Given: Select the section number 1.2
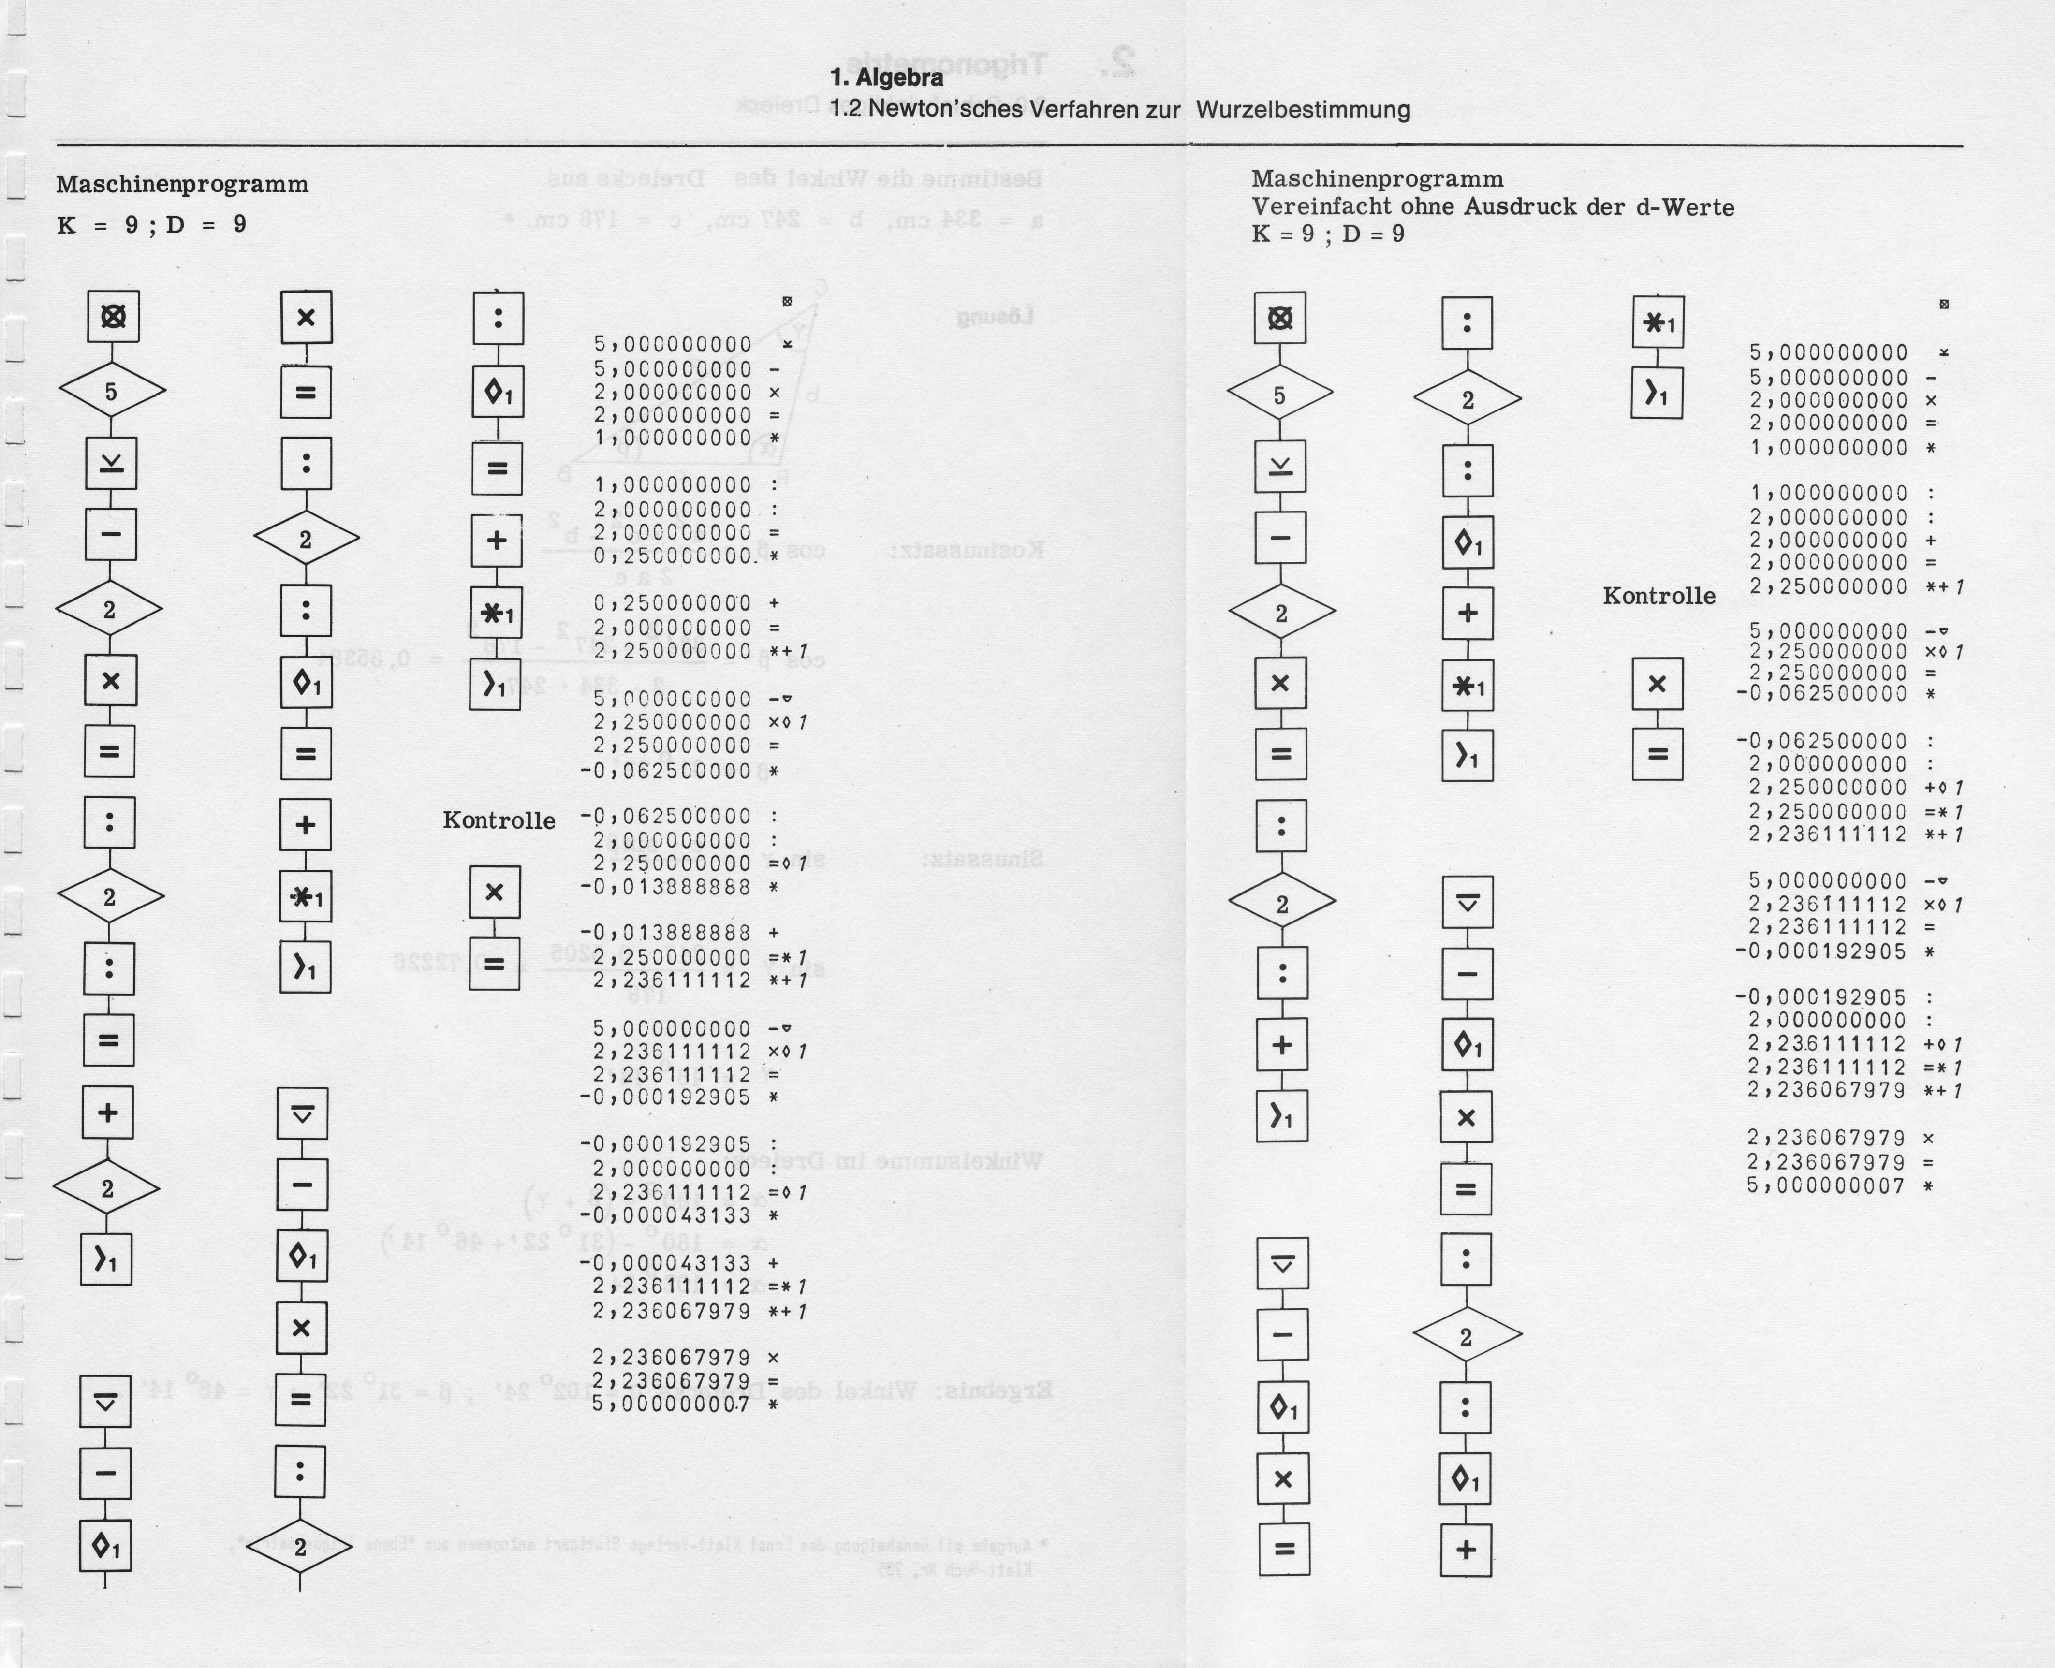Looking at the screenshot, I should (x=845, y=110).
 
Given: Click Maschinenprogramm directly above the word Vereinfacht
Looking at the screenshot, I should (x=1377, y=180).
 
